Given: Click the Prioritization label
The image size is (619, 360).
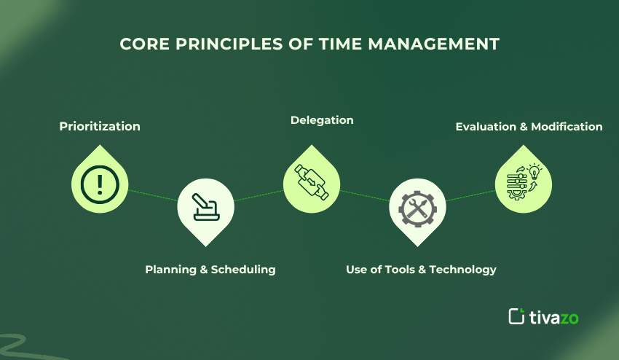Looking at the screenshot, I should tap(100, 126).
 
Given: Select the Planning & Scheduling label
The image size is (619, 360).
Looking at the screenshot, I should tap(210, 269).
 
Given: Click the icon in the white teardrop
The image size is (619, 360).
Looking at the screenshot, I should tap(206, 208).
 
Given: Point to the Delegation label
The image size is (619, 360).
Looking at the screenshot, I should tap(322, 120).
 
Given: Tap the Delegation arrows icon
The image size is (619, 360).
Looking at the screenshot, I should tap(311, 180).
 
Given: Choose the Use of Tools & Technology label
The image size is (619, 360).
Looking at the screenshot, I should tap(421, 269).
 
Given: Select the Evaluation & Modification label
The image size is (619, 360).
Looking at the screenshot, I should tap(529, 126).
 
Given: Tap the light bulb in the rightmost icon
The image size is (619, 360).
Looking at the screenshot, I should tap(535, 172).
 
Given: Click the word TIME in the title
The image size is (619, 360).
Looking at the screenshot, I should tap(342, 44).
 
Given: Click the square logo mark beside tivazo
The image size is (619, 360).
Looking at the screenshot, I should tap(516, 316).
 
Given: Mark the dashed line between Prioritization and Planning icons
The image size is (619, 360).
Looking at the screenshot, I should tap(153, 195).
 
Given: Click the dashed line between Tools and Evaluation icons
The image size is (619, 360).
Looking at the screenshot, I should tap(470, 196).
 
